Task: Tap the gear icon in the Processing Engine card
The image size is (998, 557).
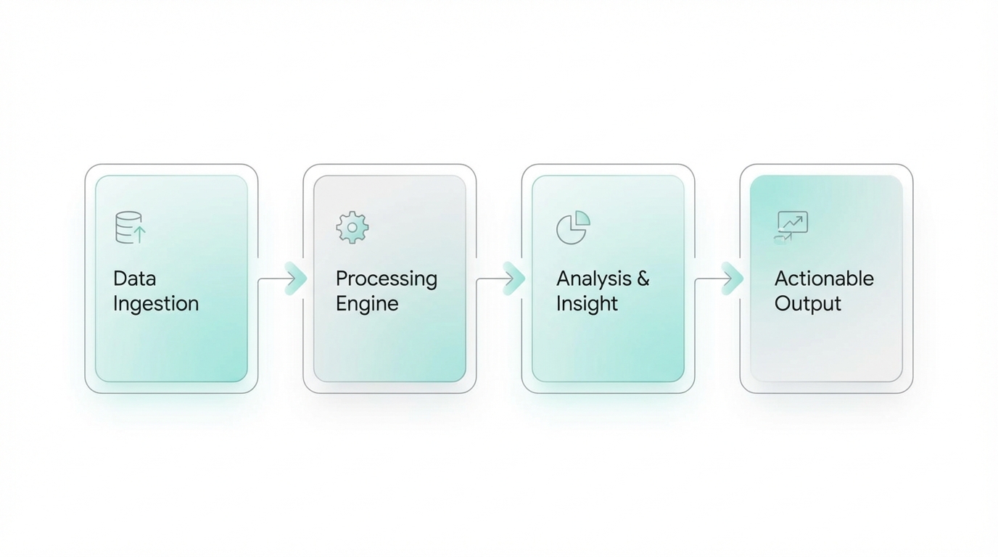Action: pos(352,227)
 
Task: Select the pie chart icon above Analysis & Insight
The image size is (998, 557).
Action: pos(572,228)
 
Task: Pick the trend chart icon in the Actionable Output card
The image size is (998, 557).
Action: pos(791,226)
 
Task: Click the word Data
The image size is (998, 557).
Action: pos(134,278)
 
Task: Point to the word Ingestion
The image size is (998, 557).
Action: pos(155,303)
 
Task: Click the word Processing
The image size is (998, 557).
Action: pos(386,279)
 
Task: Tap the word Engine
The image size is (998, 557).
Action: pos(366,304)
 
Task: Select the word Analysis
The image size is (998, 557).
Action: pos(594,279)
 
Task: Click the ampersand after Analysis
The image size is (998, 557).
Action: pos(643,278)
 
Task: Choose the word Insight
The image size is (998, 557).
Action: pos(587,303)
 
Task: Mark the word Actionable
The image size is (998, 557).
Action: pos(824,278)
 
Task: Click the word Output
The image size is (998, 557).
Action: pos(807,304)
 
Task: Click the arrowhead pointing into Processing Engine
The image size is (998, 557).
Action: pos(295,278)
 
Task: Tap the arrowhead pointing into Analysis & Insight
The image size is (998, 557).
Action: pos(514,278)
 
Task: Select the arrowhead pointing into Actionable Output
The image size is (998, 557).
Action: pos(732,278)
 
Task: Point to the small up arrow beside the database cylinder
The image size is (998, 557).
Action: pos(140,234)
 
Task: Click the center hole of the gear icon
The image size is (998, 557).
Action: pos(352,227)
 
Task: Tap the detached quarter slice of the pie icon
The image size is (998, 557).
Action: pos(582,218)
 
